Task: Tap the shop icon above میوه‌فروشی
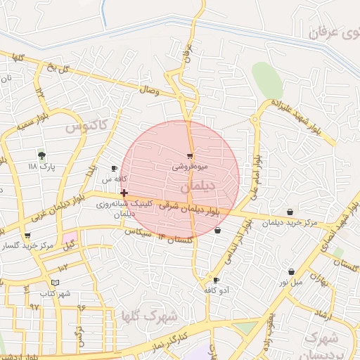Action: tap(190, 155)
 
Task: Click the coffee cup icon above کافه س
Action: tap(115, 169)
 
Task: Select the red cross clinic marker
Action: tap(124, 193)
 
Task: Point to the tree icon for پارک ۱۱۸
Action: tap(41, 155)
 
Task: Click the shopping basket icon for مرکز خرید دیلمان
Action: tap(290, 212)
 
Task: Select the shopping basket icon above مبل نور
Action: tap(291, 272)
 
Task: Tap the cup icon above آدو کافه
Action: tap(216, 280)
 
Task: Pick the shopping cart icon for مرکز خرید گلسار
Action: tap(27, 236)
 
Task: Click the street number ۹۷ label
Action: tap(34, 307)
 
